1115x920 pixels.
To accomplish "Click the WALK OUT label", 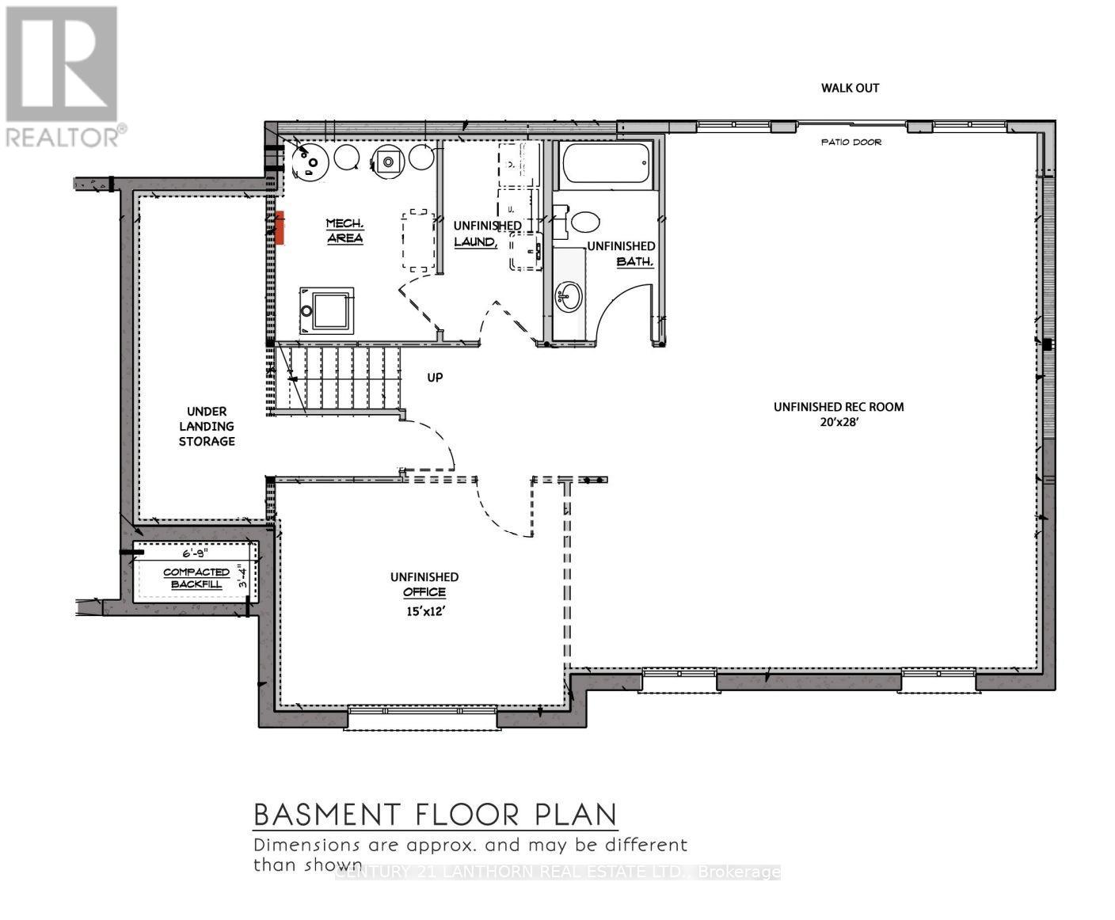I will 850,88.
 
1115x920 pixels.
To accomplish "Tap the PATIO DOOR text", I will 851,143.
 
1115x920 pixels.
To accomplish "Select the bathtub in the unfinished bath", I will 606,163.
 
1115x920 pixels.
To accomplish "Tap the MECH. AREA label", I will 344,230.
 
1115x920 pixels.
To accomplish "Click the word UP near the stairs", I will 435,378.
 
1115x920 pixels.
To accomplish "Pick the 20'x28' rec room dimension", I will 839,423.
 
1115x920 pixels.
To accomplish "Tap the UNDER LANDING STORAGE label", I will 207,426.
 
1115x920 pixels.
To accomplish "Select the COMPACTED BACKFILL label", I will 196,578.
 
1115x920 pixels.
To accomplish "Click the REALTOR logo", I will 63,76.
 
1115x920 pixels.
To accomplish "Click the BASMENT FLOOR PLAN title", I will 435,814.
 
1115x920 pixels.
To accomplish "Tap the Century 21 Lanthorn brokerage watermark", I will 558,872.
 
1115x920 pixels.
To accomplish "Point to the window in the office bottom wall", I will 423,717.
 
